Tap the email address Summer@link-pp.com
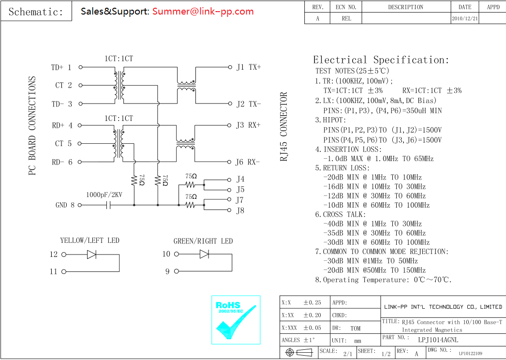pyautogui.click(x=203, y=11)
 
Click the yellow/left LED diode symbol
pyautogui.click(x=91, y=254)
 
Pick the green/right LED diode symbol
pyautogui.click(x=204, y=254)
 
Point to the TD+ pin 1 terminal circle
pyautogui.click(x=80, y=67)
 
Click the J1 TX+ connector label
pyautogui.click(x=248, y=67)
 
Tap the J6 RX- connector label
pyautogui.click(x=248, y=162)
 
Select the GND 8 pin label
pyautogui.click(x=65, y=205)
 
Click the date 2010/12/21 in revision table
pyautogui.click(x=465, y=18)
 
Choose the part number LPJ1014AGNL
pyautogui.click(x=438, y=340)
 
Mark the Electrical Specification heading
pyautogui.click(x=381, y=60)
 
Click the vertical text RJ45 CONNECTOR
pyautogui.click(x=284, y=127)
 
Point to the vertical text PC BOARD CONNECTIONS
pyautogui.click(x=32, y=125)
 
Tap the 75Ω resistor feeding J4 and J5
pyautogui.click(x=191, y=185)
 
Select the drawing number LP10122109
pyautogui.click(x=470, y=354)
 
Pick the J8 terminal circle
pyautogui.click(x=229, y=210)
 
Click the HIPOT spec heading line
pyautogui.click(x=330, y=120)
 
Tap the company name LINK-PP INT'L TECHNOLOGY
pyautogui.click(x=443, y=307)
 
